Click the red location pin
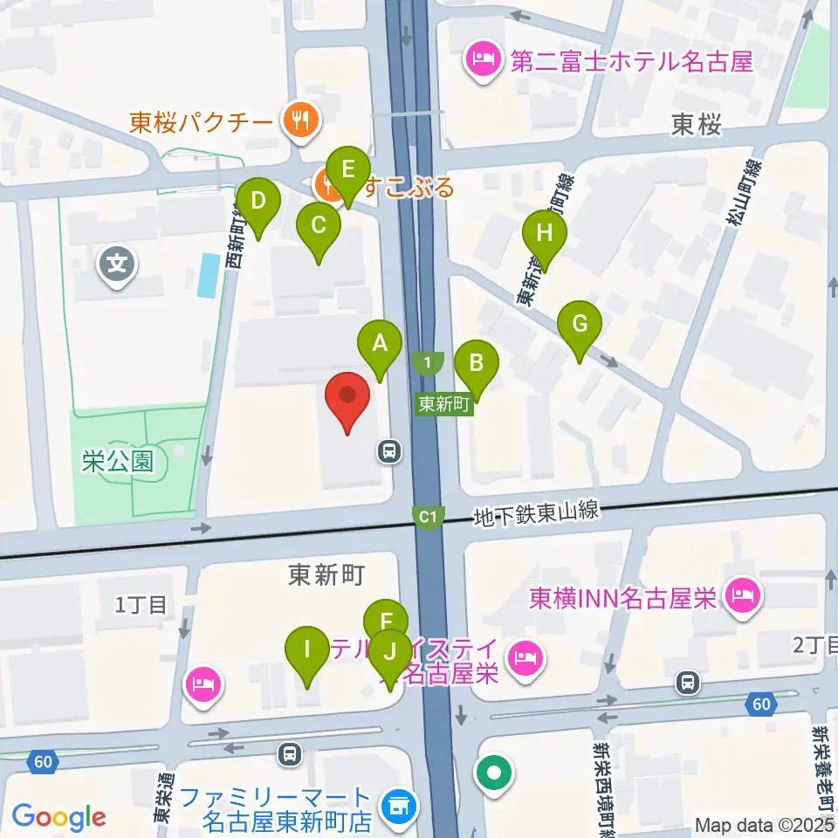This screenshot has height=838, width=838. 347,402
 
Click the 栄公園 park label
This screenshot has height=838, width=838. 118,462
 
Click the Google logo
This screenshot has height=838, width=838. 58,818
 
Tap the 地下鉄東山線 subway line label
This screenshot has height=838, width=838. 536,512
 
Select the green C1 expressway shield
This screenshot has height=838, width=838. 428,518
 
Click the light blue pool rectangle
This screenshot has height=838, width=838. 209,275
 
